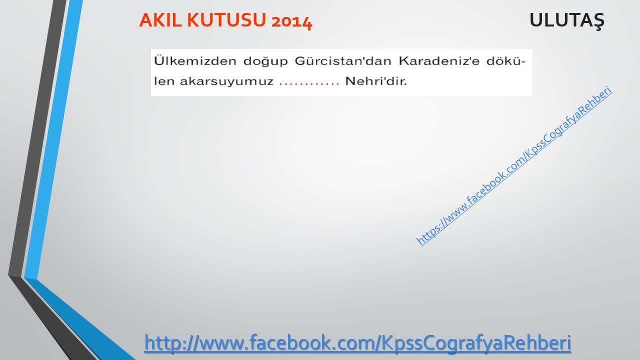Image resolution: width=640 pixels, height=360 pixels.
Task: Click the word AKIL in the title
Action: [160, 20]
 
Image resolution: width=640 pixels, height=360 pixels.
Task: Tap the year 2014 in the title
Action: [291, 21]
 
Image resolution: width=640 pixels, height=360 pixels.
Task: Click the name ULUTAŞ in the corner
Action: [567, 21]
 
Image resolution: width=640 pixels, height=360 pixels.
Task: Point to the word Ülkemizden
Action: [195, 61]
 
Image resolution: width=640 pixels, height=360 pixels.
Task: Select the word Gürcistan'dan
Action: [342, 61]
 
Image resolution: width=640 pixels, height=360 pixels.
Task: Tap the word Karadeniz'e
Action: [439, 61]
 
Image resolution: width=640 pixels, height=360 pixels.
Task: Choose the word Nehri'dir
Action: [376, 81]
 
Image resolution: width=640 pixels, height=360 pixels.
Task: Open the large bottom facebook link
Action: [357, 342]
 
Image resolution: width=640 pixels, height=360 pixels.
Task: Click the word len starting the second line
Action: [164, 81]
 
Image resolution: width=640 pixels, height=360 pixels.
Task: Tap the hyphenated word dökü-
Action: [506, 61]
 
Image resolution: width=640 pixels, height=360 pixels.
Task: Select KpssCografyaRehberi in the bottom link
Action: [476, 342]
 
